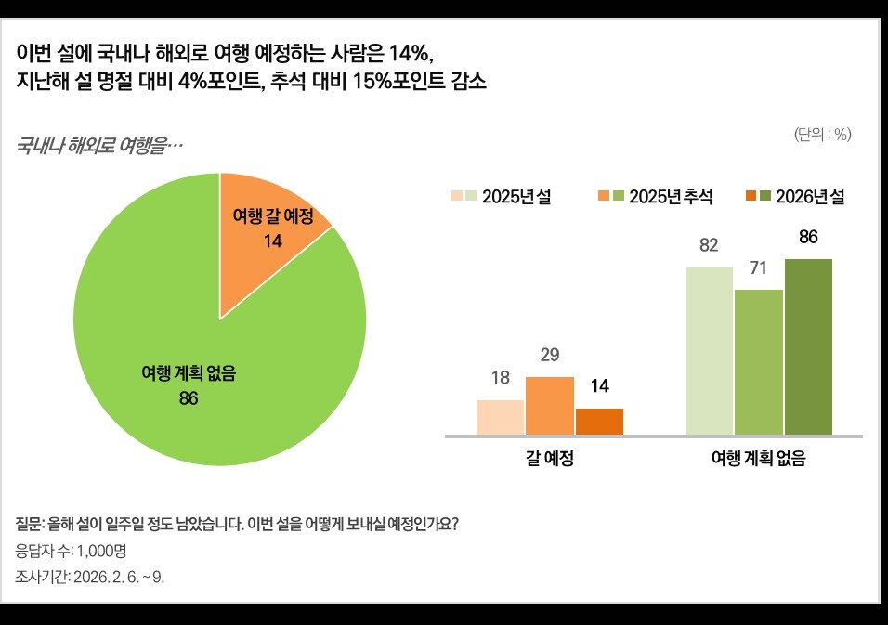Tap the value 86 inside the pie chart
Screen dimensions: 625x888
(189, 398)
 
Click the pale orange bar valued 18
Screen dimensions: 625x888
(500, 417)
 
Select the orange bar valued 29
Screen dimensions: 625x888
(549, 406)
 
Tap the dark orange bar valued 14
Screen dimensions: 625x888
(599, 421)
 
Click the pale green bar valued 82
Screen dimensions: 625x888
(709, 350)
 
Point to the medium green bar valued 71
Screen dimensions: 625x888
(759, 361)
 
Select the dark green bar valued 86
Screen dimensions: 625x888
(808, 345)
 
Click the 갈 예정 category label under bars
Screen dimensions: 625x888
(549, 459)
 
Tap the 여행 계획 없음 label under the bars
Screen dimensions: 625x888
(758, 459)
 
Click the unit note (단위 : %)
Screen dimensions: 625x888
(822, 134)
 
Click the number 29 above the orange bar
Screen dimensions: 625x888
(549, 356)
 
